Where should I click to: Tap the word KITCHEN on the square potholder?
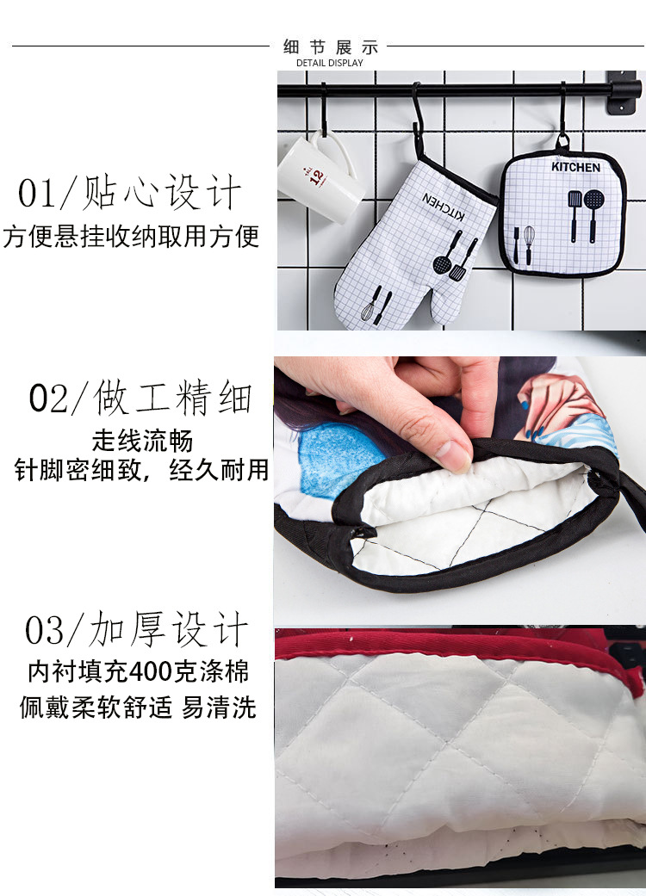pos(576,167)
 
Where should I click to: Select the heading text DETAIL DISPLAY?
pos(330,63)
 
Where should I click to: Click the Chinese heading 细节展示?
pos(330,46)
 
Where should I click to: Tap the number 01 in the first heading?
pos(36,194)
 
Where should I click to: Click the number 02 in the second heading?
pos(47,399)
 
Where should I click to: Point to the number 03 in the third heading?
pos(44,631)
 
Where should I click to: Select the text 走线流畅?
pos(143,442)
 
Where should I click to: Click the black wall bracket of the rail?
pos(621,93)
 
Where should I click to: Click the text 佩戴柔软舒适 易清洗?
pos(138,708)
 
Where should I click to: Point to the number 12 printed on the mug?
pos(315,176)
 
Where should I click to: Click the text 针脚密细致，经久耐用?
pos(142,471)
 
